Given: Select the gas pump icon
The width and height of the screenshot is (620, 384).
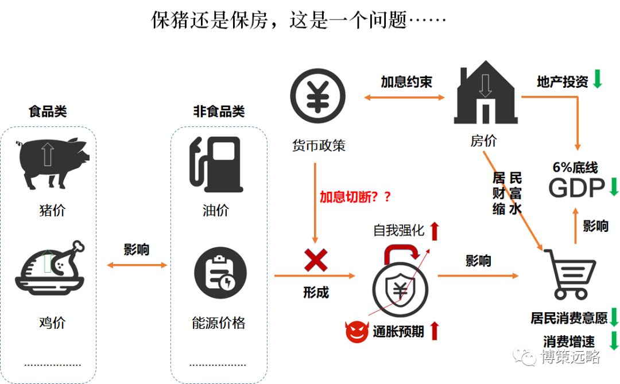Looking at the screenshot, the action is [x=216, y=164].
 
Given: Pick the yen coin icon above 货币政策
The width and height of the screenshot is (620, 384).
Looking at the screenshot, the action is [x=317, y=96].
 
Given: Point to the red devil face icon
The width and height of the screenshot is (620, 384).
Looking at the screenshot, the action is [x=356, y=332].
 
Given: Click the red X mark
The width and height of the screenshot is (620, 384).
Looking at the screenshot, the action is [x=315, y=260].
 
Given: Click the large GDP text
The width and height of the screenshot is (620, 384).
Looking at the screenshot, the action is [x=576, y=188].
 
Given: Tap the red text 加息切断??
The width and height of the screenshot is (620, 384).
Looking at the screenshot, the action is [x=355, y=197].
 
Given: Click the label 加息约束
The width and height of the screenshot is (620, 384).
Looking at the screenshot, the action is [x=406, y=82].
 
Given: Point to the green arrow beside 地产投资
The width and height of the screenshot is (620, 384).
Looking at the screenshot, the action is [x=597, y=79].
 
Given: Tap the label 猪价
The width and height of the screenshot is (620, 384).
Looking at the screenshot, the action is [x=52, y=210].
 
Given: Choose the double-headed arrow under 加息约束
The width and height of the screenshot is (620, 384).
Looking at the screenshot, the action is [x=405, y=98].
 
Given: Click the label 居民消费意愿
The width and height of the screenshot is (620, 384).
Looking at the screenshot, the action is [x=568, y=317].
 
